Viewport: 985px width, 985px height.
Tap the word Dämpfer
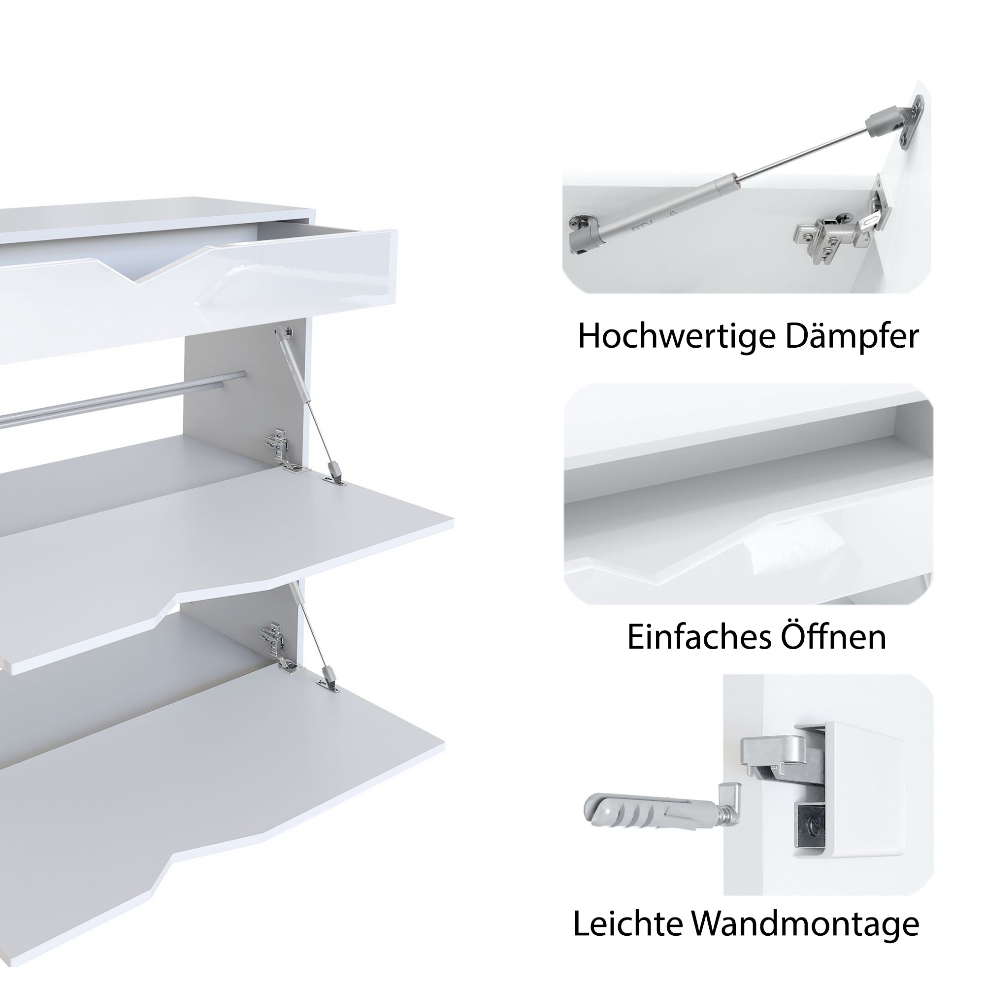[852, 337]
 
